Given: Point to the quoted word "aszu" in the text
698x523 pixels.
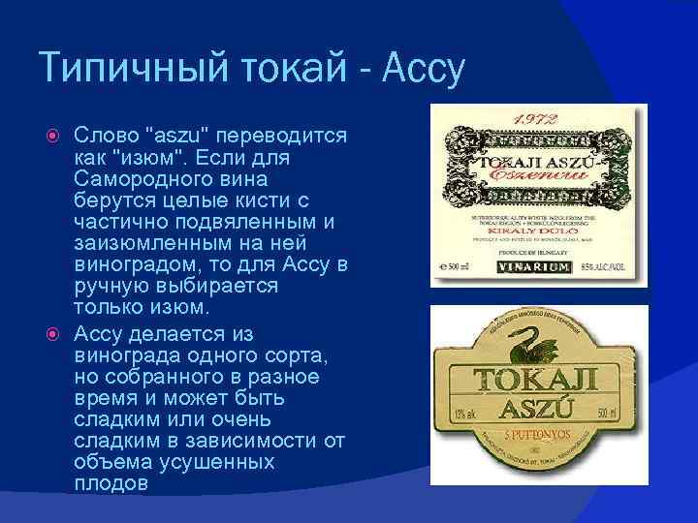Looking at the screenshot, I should click(x=178, y=136).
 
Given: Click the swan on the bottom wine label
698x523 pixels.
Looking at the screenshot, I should click(x=528, y=341).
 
